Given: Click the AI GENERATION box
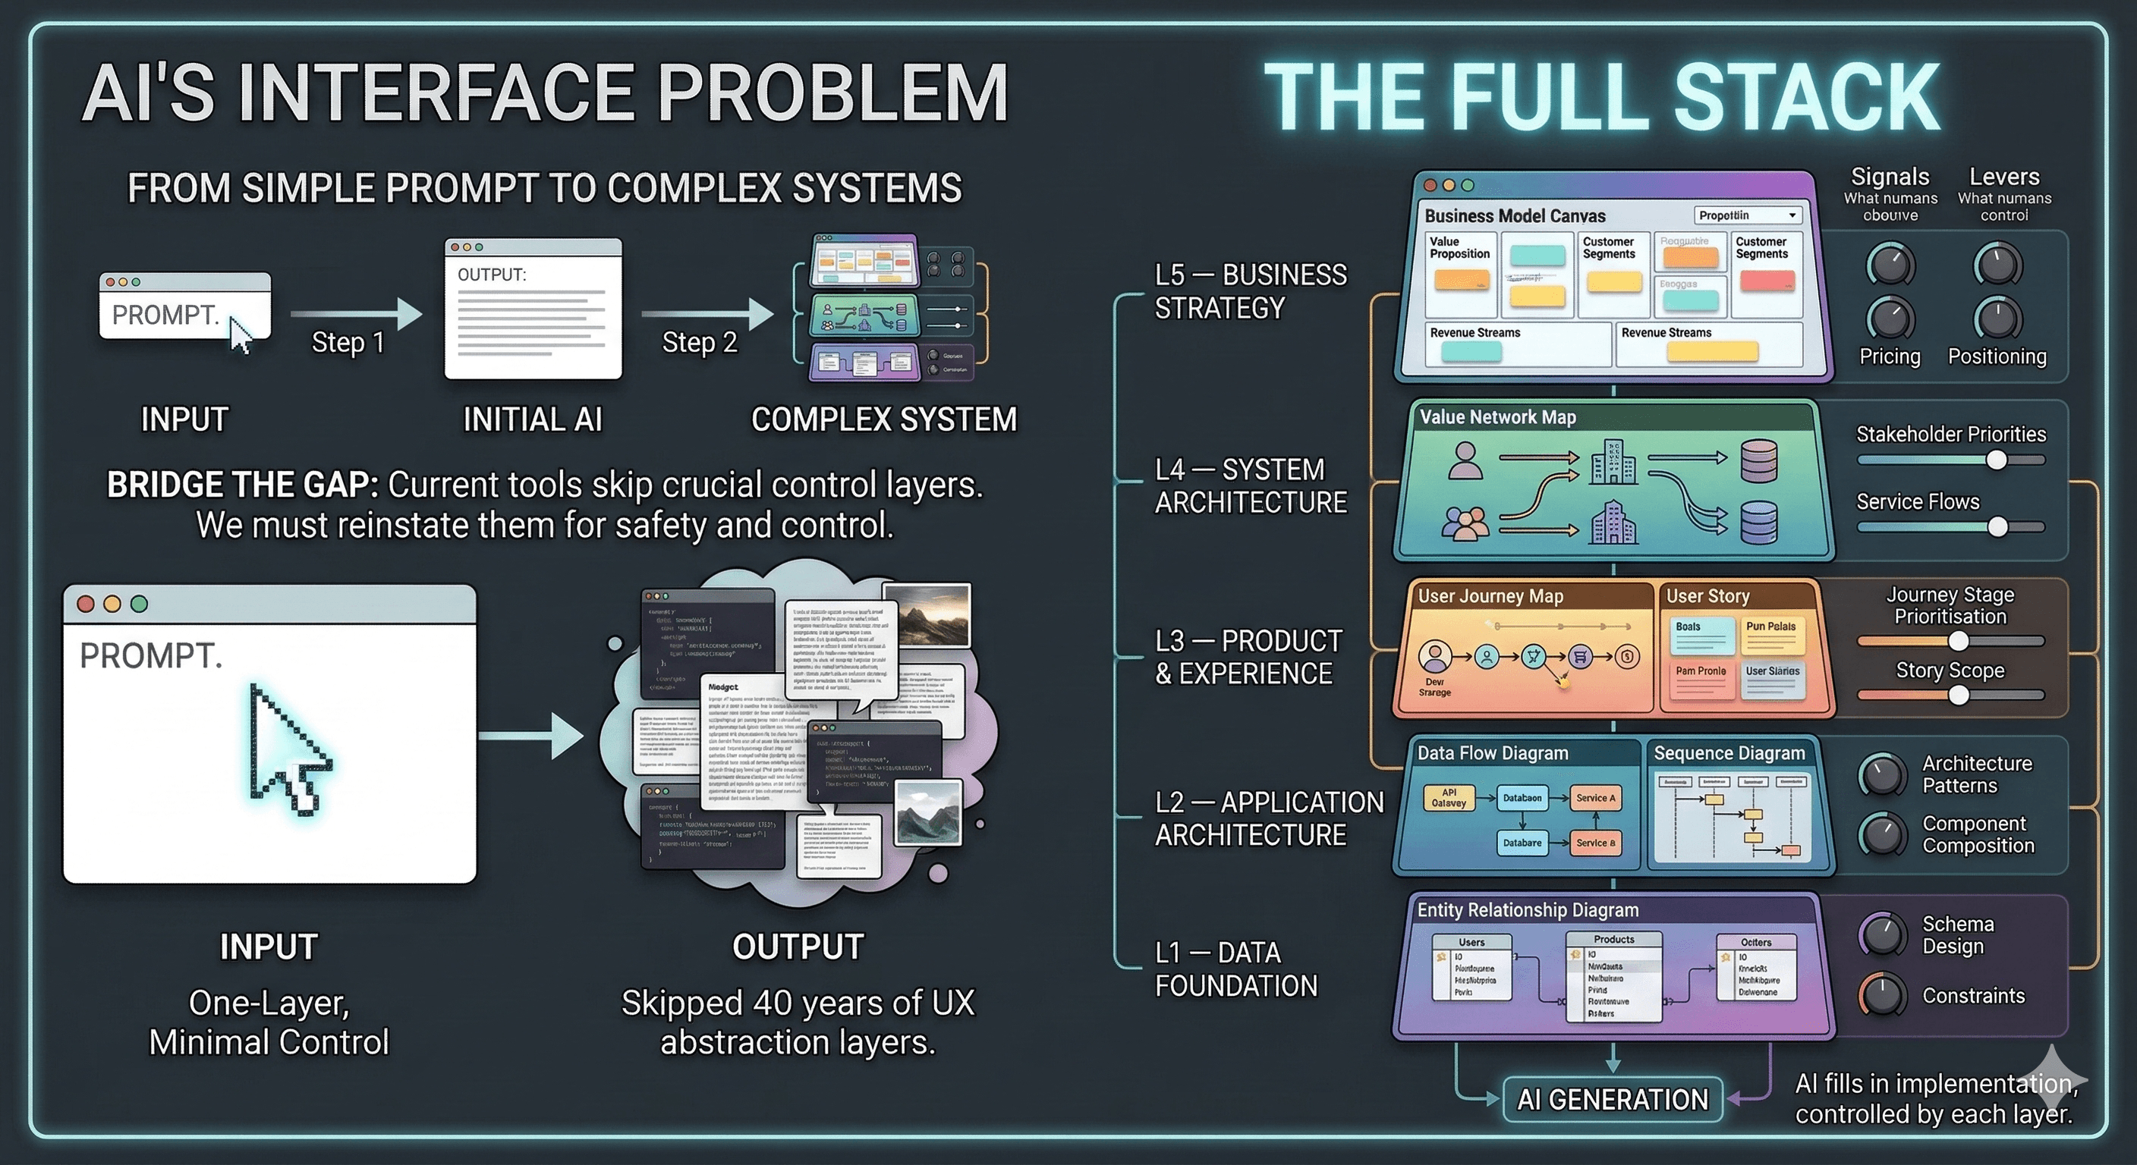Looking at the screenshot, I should [x=1612, y=1100].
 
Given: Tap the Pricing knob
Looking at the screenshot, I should [x=1890, y=319].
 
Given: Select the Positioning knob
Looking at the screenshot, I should [x=1997, y=319].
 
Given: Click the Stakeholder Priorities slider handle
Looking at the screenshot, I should [x=1997, y=460].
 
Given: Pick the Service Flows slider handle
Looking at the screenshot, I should [x=1997, y=526].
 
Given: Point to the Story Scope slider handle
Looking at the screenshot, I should [x=1959, y=695].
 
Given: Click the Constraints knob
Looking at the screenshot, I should [x=1881, y=995].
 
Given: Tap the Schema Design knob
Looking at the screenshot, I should [x=1881, y=934].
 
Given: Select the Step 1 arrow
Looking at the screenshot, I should [x=356, y=314].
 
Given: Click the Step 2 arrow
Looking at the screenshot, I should [x=707, y=314].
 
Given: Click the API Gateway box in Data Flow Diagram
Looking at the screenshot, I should [x=1449, y=798].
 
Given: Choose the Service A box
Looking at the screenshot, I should [x=1595, y=798].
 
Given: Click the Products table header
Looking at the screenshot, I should [x=1613, y=940].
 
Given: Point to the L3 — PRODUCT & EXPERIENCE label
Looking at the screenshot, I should [x=1248, y=657].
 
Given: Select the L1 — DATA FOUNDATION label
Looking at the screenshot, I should [x=1236, y=969].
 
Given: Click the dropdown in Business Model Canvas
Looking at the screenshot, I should [x=1747, y=215].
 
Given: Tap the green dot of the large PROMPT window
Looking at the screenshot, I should [x=140, y=604].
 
